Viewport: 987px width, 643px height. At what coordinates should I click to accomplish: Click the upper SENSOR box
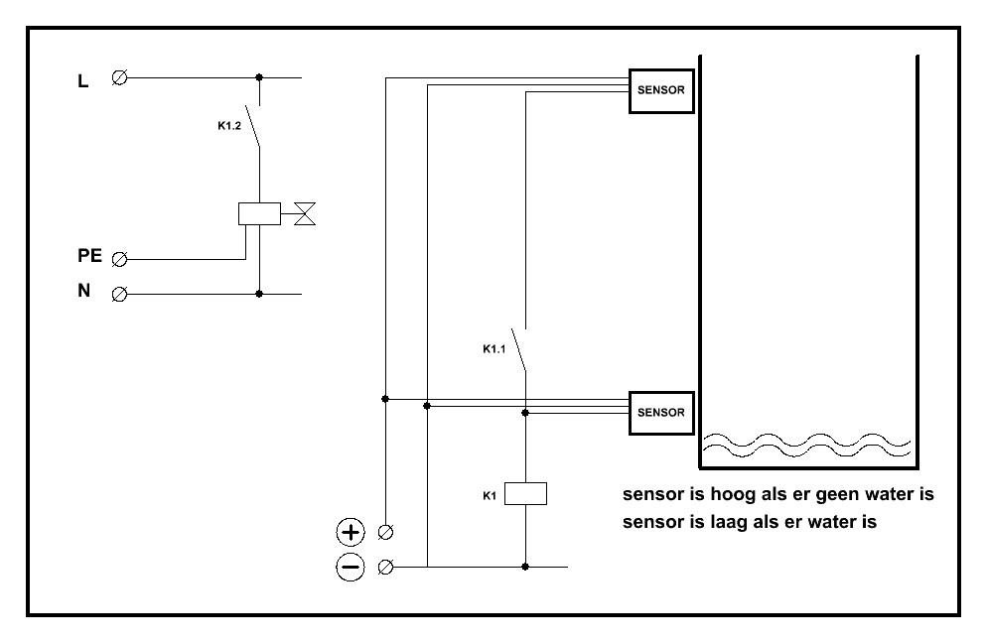click(661, 89)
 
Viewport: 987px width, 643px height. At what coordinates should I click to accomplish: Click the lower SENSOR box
click(661, 412)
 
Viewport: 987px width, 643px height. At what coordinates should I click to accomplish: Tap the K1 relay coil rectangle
click(525, 493)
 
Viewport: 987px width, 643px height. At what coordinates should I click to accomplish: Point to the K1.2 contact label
click(229, 128)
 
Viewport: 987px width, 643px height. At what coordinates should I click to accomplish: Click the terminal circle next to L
click(120, 77)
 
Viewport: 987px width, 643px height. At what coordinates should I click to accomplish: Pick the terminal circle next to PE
click(120, 260)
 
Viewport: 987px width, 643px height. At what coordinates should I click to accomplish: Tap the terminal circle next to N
click(120, 294)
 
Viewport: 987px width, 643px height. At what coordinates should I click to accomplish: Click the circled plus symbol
click(351, 533)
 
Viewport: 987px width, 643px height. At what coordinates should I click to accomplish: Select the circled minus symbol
click(351, 567)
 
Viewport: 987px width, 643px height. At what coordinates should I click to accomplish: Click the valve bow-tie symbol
click(304, 212)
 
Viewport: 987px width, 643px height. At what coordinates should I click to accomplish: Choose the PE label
click(89, 256)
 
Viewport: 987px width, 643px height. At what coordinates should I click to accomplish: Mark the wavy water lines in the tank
click(806, 446)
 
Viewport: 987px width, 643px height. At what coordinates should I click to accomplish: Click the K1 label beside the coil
click(489, 492)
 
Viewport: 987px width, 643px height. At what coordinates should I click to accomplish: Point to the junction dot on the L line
click(259, 76)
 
